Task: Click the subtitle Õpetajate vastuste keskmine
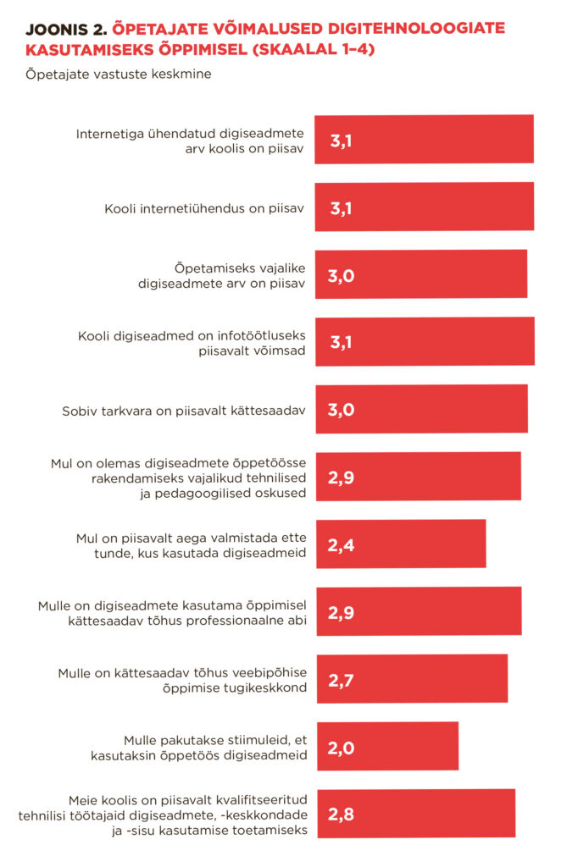click(118, 74)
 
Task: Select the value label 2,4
click(341, 544)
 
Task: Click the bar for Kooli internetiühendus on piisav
click(424, 207)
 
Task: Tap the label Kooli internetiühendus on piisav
click(204, 208)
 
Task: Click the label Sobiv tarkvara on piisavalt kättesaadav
click(184, 411)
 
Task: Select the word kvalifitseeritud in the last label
click(254, 798)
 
